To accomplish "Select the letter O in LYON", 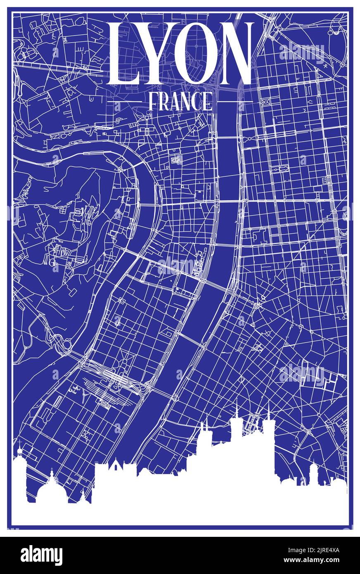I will (194, 54).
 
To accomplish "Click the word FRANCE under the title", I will (180, 101).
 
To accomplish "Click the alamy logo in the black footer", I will (41, 555).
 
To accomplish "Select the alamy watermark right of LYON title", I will (302, 52).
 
